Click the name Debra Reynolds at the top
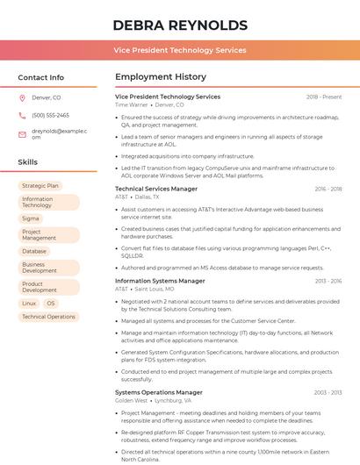180,25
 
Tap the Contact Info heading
41,77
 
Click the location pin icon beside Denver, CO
23,98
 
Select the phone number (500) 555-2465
50,115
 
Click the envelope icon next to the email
23,134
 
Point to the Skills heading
28,162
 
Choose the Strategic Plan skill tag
40,186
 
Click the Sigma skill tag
31,218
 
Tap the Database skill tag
34,251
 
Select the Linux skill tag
29,304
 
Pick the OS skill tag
51,304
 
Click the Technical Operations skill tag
48,317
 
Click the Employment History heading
161,77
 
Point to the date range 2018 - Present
324,97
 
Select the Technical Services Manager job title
156,189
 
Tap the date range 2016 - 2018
328,189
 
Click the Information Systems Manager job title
160,281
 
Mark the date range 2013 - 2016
328,281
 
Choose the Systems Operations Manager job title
159,392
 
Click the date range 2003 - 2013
328,392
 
